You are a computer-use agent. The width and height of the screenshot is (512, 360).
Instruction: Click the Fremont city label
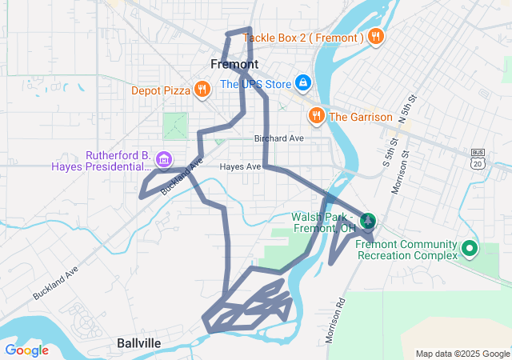234,64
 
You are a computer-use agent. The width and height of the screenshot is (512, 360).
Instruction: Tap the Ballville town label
138,343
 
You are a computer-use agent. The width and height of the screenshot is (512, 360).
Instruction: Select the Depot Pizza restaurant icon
202,90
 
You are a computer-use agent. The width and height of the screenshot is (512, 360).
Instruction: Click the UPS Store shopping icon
303,83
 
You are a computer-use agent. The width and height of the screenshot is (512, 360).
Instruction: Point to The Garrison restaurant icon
317,117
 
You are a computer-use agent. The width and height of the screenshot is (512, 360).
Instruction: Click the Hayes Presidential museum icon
164,160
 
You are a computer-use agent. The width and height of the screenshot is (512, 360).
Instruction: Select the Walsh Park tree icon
369,221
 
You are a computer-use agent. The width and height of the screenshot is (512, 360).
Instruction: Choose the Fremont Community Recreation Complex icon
470,249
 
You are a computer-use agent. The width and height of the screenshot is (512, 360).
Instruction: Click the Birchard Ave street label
279,138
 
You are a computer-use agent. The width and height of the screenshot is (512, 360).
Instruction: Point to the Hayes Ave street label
241,166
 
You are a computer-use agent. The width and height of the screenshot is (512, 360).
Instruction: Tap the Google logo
26,350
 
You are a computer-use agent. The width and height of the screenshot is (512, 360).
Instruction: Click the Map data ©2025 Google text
462,354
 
